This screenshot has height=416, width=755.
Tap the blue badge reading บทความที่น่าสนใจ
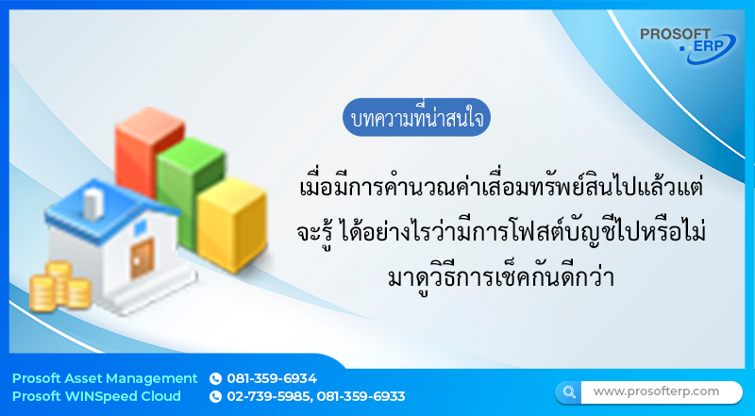tap(417, 121)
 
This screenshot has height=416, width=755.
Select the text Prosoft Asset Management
tap(105, 378)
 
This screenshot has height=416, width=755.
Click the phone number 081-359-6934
tap(272, 378)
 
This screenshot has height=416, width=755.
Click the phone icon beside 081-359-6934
tap(215, 378)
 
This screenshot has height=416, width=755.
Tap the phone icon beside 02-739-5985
tap(215, 396)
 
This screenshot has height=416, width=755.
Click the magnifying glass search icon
tap(569, 391)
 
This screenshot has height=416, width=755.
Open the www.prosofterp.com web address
tap(656, 391)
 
